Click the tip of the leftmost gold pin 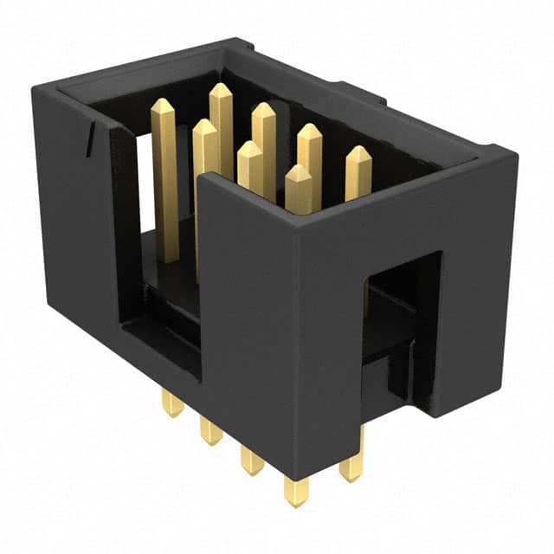tap(162, 104)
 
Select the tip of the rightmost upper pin tap(358, 152)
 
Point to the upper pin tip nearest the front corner tap(298, 171)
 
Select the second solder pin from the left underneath tap(210, 432)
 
